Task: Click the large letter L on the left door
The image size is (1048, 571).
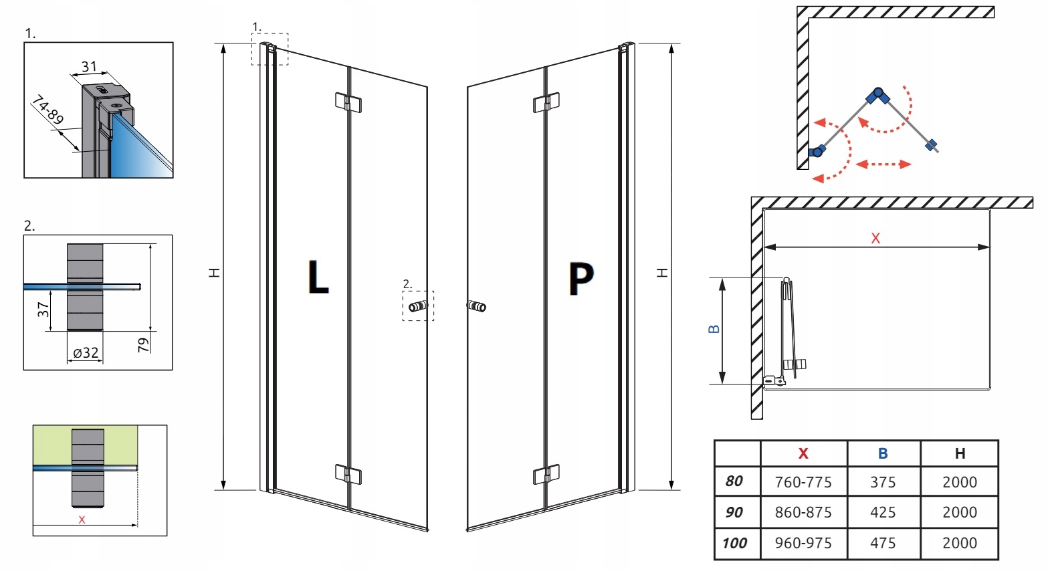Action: pos(318,277)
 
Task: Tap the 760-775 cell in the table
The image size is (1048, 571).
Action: pos(803,482)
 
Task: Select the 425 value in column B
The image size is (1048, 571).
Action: pos(883,512)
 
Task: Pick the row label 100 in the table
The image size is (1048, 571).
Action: pos(734,543)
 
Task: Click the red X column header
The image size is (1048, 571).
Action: pos(803,453)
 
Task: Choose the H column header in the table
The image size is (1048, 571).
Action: pos(960,453)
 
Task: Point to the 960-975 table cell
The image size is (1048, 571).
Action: pos(803,543)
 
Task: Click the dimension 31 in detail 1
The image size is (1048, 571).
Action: pos(89,67)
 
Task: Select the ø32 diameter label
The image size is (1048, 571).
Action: pos(86,353)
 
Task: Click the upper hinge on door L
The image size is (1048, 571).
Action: pos(348,103)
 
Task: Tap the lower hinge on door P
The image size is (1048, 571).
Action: pos(546,475)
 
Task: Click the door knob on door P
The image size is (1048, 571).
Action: pos(477,307)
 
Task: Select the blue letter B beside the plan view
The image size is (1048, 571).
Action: pos(714,329)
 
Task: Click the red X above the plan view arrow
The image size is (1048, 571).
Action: pos(875,238)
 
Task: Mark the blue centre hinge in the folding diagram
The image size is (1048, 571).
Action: pos(877,96)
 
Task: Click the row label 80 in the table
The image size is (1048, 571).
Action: pos(734,481)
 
